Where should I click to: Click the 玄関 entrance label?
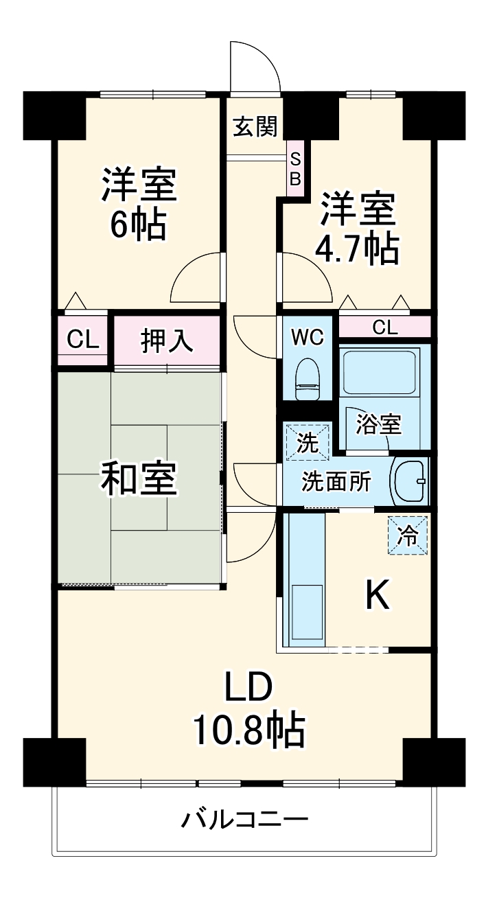pyautogui.click(x=255, y=127)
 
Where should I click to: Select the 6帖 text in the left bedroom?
pyautogui.click(x=139, y=224)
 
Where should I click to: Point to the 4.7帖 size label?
pyautogui.click(x=357, y=251)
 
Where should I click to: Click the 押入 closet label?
pyautogui.click(x=167, y=341)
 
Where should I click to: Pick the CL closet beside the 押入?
pyautogui.click(x=82, y=340)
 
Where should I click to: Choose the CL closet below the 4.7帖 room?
pyautogui.click(x=385, y=327)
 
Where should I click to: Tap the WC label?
pyautogui.click(x=307, y=337)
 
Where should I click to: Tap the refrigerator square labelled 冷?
pyautogui.click(x=408, y=535)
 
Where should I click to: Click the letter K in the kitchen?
pyautogui.click(x=377, y=595)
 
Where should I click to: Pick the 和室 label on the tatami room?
pyautogui.click(x=139, y=478)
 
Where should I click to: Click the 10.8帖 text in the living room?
pyautogui.click(x=248, y=730)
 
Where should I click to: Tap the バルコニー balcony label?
pyautogui.click(x=245, y=820)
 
